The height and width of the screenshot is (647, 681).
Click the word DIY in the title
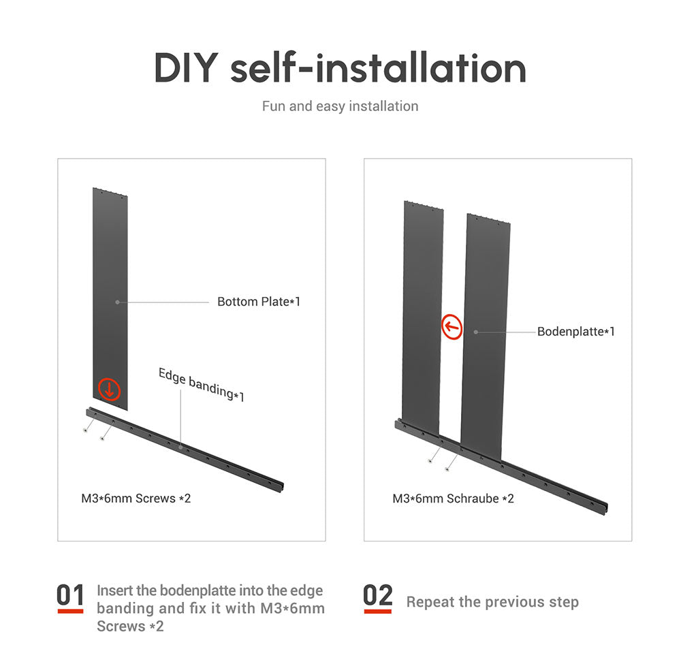coord(187,67)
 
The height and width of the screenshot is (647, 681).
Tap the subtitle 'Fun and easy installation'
coord(340,106)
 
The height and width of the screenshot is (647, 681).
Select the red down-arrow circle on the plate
coord(109,389)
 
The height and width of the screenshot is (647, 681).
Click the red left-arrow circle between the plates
coord(452,326)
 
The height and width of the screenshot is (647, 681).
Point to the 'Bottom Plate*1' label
coord(259,301)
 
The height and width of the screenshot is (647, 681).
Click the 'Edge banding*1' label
coord(201,385)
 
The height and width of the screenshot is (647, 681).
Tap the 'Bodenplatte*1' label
coord(576,332)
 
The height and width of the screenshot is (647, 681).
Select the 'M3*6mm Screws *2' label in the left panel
coord(136,498)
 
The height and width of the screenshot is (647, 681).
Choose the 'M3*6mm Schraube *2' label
coord(453,499)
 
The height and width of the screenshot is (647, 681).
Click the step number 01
coord(70,595)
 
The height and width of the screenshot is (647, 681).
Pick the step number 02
coord(378,595)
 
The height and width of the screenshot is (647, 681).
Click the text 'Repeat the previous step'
coord(492,602)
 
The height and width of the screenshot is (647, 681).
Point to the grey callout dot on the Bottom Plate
coord(117,302)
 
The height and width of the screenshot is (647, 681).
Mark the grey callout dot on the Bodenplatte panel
coord(476,332)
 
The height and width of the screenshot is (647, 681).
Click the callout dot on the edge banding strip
coord(180,446)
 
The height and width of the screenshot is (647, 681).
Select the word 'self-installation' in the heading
coord(378,67)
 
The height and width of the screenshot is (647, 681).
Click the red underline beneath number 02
coord(378,612)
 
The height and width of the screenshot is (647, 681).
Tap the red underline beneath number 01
coord(70,612)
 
